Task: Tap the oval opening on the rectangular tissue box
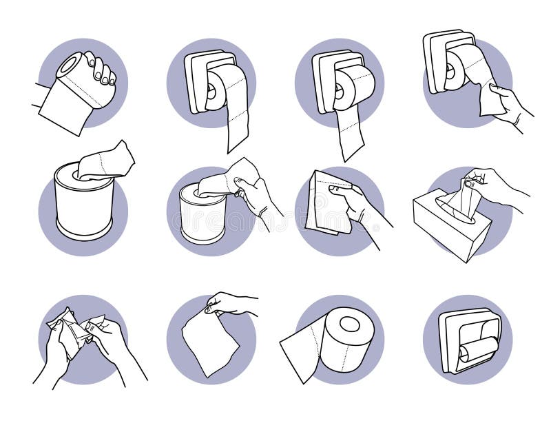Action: tap(457, 216)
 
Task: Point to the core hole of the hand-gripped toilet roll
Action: tap(69, 66)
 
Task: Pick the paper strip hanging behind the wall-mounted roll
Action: tap(350, 134)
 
